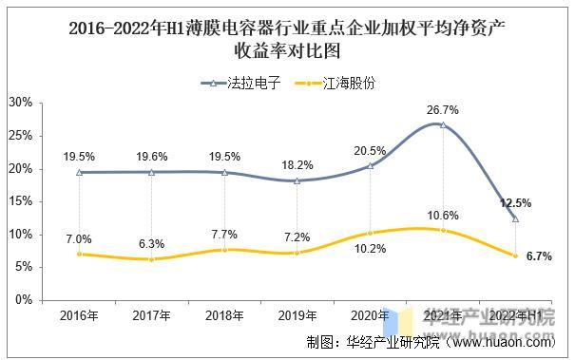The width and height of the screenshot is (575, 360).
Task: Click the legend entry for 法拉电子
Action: pyautogui.click(x=245, y=83)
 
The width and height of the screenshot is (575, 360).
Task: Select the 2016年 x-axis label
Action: pyautogui.click(x=78, y=315)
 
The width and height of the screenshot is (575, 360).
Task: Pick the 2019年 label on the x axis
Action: pyautogui.click(x=297, y=315)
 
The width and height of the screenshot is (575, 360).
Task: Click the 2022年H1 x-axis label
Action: pyautogui.click(x=516, y=315)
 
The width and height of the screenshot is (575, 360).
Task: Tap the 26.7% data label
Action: pyautogui.click(x=443, y=109)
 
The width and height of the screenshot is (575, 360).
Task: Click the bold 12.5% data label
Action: pyautogui.click(x=516, y=203)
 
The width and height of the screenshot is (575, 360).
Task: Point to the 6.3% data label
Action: pyautogui.click(x=151, y=243)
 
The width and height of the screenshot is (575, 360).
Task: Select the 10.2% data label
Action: pyautogui.click(x=371, y=249)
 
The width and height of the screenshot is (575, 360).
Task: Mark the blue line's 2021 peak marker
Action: pyautogui.click(x=443, y=124)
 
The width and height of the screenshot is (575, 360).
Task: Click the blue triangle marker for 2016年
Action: pyautogui.click(x=78, y=172)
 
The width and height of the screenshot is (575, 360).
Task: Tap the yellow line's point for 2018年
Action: pyautogui.click(x=224, y=250)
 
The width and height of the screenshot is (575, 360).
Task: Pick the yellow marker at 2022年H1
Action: pyautogui.click(x=516, y=256)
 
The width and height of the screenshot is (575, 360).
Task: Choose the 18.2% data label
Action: pyautogui.click(x=297, y=164)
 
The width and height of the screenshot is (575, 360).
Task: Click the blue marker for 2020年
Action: pyautogui.click(x=371, y=165)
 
